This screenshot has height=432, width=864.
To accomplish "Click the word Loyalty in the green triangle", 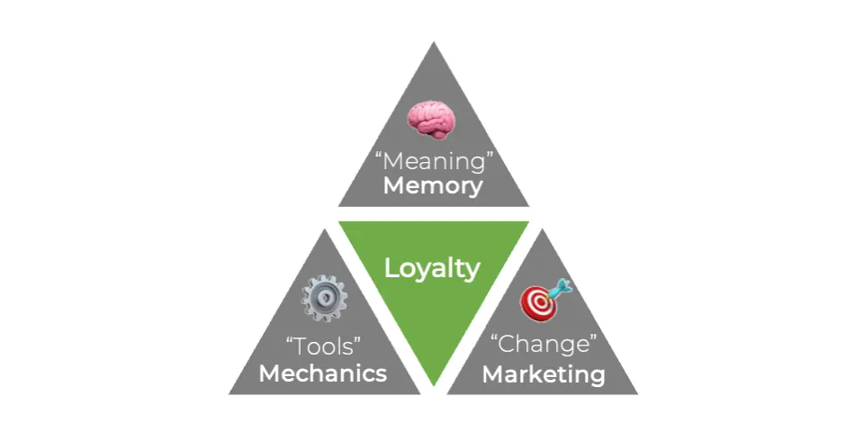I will tap(432, 268).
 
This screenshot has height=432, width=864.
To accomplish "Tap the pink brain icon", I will tap(431, 120).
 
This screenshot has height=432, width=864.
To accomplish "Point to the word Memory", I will tap(432, 186).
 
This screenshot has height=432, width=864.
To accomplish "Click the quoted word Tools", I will tap(323, 346).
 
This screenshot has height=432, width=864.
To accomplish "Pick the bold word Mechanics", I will tap(323, 373).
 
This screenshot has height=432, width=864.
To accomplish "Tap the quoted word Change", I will tap(543, 345).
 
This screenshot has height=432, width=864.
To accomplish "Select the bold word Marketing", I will tap(543, 373).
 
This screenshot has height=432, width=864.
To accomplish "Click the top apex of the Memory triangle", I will tap(433, 42).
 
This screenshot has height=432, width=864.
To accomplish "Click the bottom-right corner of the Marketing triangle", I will tap(637, 393).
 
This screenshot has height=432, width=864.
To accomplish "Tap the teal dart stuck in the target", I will tap(559, 287).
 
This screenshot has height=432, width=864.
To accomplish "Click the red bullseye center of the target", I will tap(539, 304).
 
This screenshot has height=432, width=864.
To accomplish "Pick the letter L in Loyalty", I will tap(391, 268).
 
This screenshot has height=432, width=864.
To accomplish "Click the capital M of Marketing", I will tap(492, 373).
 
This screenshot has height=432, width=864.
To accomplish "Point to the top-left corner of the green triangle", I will tap(340, 222).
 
